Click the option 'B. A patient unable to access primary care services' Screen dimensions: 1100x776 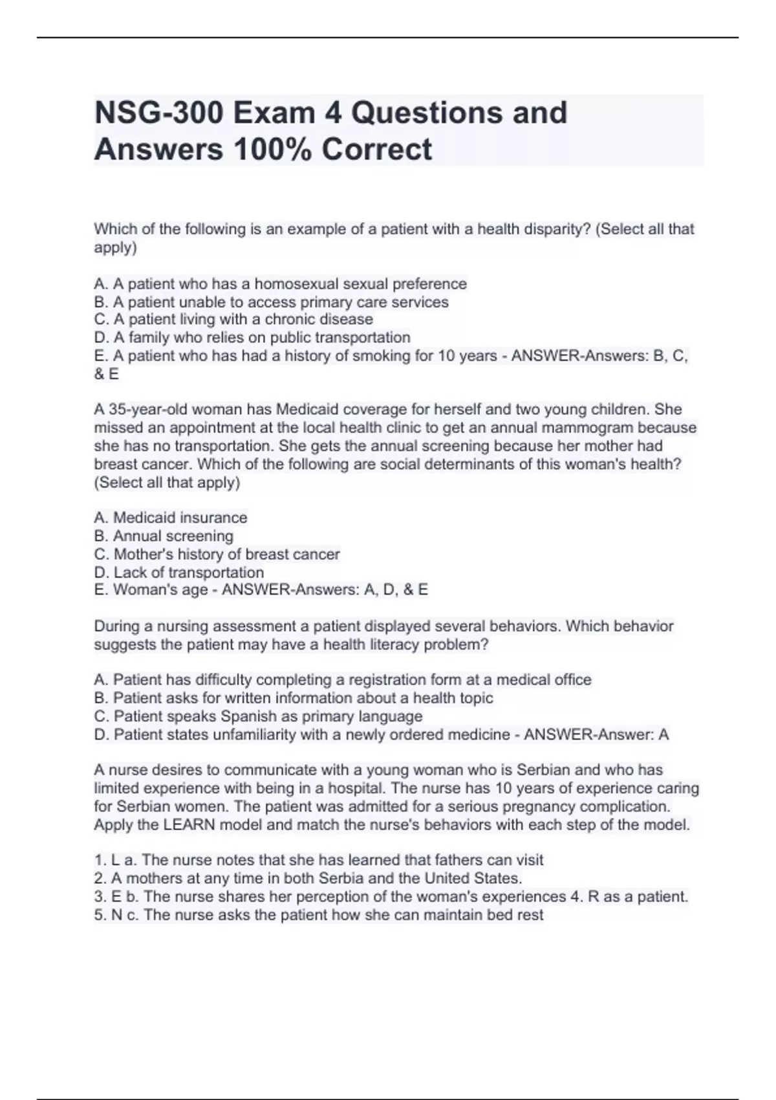pyautogui.click(x=271, y=302)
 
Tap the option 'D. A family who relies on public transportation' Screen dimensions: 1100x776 pyautogui.click(x=252, y=338)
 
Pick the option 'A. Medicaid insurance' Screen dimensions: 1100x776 pyautogui.click(x=171, y=518)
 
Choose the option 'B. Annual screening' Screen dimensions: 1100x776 pyautogui.click(x=164, y=536)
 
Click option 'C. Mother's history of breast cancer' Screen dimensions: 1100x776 pyautogui.click(x=217, y=555)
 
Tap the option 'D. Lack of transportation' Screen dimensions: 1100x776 pyautogui.click(x=179, y=573)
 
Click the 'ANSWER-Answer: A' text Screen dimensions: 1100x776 pyautogui.click(x=596, y=735)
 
